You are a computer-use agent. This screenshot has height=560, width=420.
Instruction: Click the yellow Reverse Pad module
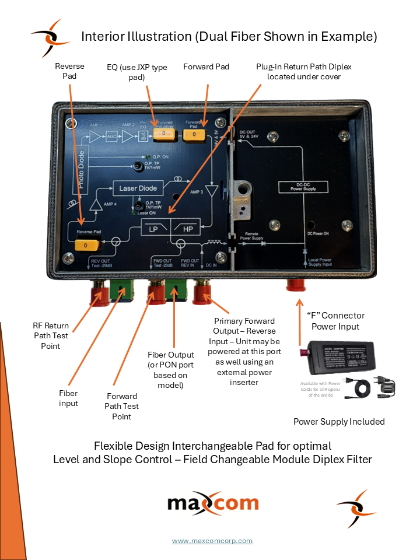[85, 246]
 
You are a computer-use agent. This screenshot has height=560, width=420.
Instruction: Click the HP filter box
[185, 229]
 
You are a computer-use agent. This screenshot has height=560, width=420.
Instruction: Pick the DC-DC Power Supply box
[306, 187]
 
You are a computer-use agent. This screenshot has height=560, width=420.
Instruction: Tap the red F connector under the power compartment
[297, 285]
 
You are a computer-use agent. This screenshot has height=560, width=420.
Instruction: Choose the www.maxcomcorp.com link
[212, 541]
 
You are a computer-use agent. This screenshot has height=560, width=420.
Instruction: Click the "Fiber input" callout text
[68, 398]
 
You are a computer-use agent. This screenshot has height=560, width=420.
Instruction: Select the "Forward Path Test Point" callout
[122, 406]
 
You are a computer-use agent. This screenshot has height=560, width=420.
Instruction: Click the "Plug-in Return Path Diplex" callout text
[304, 72]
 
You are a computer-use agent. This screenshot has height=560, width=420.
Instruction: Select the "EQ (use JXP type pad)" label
[137, 72]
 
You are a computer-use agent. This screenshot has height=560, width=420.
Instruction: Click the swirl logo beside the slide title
[51, 37]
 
